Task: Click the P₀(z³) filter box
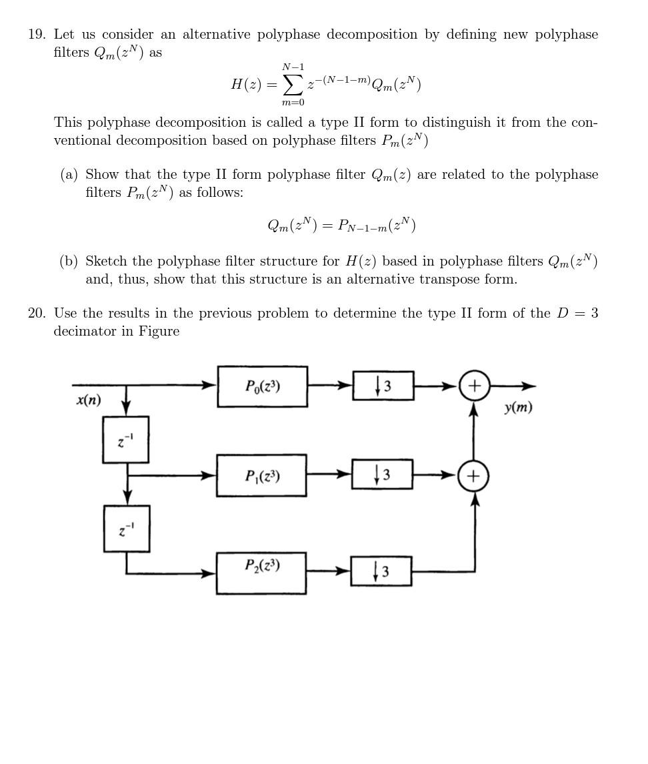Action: pos(262,386)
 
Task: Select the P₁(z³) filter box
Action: pos(261,476)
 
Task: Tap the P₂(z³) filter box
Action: pos(261,572)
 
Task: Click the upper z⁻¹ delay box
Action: pos(125,440)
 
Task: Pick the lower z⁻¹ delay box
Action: pos(127,528)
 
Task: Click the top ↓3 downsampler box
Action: pos(383,386)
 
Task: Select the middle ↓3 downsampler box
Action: pos(382,474)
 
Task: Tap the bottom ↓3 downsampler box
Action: pos(381,571)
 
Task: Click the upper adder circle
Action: pos(474,386)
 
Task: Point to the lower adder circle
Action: pos(473,476)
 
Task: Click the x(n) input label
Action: pos(89,400)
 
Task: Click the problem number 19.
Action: pos(36,35)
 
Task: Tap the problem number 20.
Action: pos(36,314)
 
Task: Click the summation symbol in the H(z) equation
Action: pos(293,85)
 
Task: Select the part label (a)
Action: pos(69,175)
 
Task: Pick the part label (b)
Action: pos(69,262)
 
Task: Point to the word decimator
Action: pos(85,332)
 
